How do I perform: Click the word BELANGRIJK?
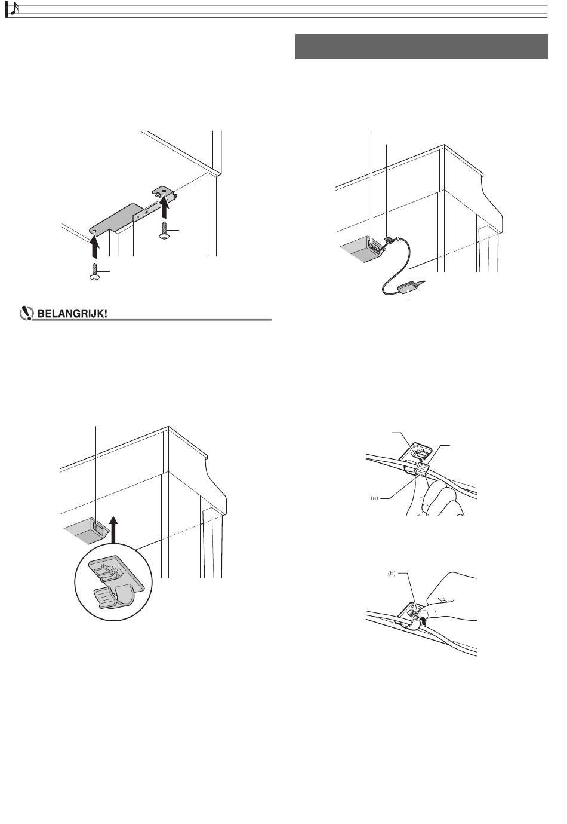[x=72, y=314]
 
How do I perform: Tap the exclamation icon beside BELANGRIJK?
[x=26, y=314]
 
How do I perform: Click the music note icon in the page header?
[x=14, y=9]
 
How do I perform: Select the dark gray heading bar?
[x=421, y=47]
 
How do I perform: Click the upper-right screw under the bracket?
[x=164, y=231]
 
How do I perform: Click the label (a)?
[x=374, y=498]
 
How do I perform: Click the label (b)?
[x=392, y=573]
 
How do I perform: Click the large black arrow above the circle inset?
[x=114, y=529]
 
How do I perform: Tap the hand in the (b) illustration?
[x=450, y=597]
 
